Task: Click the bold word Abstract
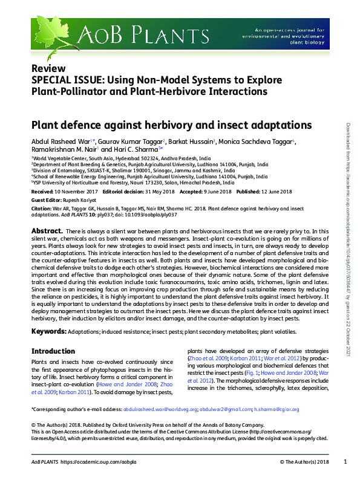click(x=47, y=232)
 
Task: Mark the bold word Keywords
click(x=49, y=331)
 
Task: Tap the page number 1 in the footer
click(x=344, y=462)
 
